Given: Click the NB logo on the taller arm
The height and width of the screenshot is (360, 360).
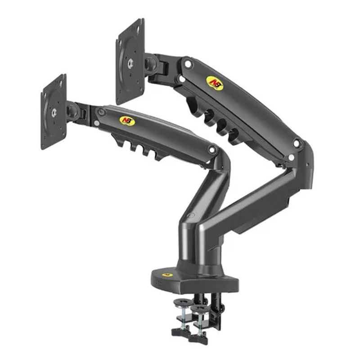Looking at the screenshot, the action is pyautogui.click(x=215, y=83).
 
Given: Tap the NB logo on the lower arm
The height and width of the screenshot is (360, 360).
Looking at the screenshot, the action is pyautogui.click(x=127, y=121).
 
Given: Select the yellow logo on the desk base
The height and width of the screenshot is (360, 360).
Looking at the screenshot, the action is pyautogui.click(x=167, y=275).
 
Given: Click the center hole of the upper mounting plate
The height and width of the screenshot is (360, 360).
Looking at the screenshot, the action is pyautogui.click(x=130, y=62).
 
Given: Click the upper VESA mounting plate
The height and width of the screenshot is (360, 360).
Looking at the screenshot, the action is pyautogui.click(x=130, y=62).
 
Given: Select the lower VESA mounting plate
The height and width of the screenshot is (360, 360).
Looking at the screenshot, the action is pyautogui.click(x=54, y=112).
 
